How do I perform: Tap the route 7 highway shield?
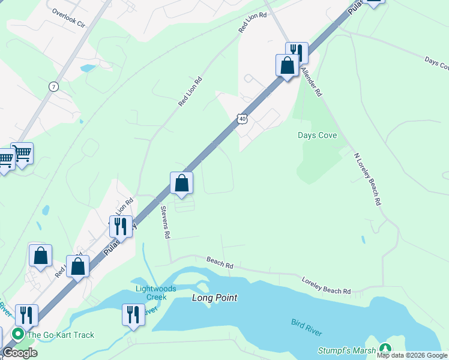(54, 86)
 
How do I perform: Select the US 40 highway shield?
(242, 119)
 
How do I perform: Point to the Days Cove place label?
(317, 136)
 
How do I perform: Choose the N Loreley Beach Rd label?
(367, 179)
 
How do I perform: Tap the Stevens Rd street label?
(164, 222)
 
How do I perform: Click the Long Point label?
(214, 298)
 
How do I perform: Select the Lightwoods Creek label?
(155, 293)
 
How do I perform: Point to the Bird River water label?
(307, 328)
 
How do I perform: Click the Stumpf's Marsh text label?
(347, 350)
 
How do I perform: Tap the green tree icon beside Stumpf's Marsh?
(385, 349)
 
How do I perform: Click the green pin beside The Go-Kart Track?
(18, 335)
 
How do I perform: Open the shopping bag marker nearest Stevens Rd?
(181, 183)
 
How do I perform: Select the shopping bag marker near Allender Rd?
(287, 65)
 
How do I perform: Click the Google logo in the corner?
(20, 353)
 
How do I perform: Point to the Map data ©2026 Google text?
(412, 355)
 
